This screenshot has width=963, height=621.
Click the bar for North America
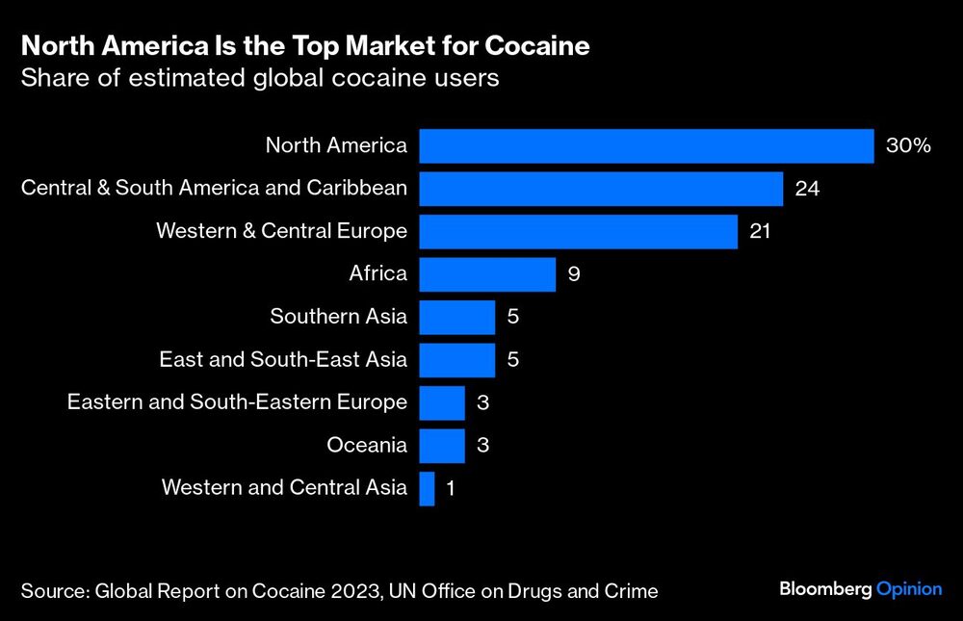646,145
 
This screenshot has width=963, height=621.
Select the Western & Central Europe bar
578,231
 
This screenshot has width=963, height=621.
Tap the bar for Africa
487,274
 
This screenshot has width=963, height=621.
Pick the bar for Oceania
442,445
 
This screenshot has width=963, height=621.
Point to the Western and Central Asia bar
428,488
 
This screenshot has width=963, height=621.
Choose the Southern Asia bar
456,317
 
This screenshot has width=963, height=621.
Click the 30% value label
908,146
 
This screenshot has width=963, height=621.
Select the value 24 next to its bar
807,189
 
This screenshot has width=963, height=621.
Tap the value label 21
761,231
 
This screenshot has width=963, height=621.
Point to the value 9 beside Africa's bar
573,274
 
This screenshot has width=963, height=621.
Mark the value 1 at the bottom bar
450,488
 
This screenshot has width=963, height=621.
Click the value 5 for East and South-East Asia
512,360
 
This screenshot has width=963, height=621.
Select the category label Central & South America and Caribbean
214,189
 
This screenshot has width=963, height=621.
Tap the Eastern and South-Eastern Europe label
237,402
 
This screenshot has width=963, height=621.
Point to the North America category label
336,146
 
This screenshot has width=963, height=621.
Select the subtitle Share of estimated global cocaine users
260,78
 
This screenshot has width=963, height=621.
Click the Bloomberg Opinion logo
860,589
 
